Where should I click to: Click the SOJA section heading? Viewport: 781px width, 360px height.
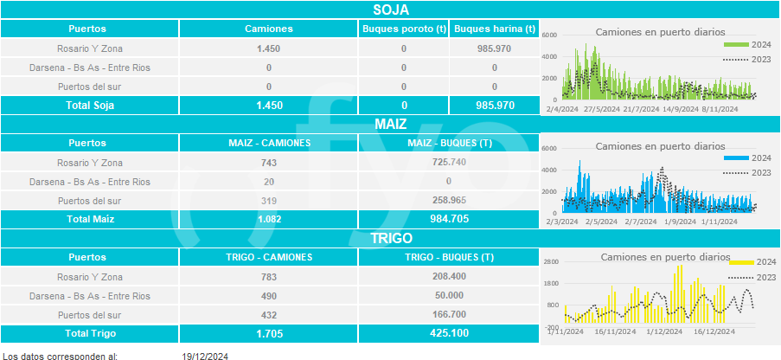click(x=391, y=10)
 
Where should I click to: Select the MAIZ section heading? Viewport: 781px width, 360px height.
click(x=391, y=125)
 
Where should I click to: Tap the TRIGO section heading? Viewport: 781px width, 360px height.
click(x=391, y=238)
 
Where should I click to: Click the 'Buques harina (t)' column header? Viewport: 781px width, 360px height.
click(x=495, y=29)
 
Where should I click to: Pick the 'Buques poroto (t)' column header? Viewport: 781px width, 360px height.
click(x=404, y=29)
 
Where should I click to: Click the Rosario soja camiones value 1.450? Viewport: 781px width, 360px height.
click(x=269, y=48)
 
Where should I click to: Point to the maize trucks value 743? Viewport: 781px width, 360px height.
click(x=269, y=162)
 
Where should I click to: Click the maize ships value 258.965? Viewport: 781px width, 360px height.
click(x=449, y=200)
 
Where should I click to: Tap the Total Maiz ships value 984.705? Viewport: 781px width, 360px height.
click(x=449, y=219)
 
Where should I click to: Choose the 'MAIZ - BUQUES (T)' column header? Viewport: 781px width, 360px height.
click(x=449, y=143)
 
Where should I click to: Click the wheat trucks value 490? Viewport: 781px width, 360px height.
click(x=269, y=296)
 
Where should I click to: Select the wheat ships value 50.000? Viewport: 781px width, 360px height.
click(x=449, y=296)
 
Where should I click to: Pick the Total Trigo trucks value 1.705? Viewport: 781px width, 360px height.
click(x=269, y=333)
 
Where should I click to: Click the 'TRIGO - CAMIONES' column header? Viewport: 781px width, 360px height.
click(x=269, y=257)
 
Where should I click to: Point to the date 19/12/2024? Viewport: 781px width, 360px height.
click(x=205, y=356)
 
